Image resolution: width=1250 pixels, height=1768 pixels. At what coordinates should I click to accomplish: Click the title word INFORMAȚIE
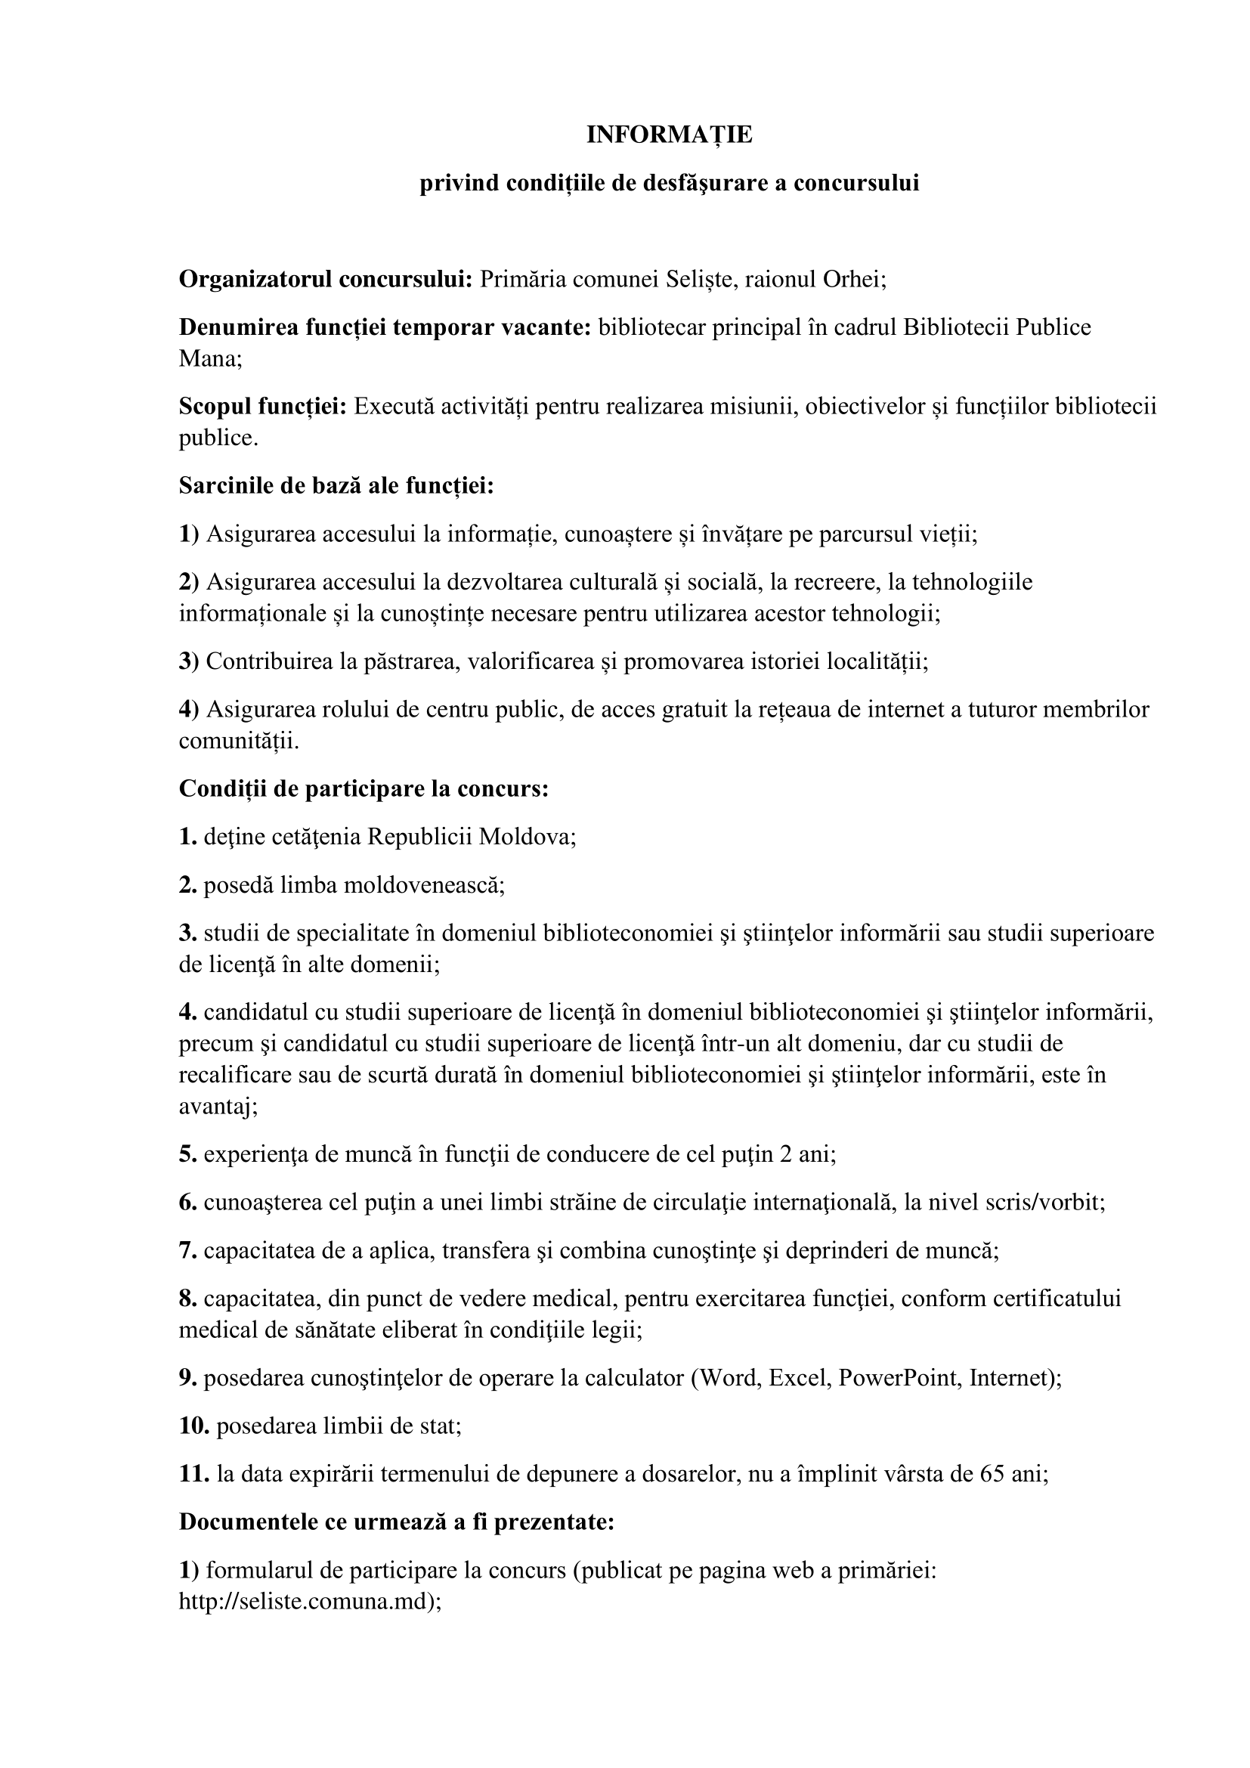[669, 135]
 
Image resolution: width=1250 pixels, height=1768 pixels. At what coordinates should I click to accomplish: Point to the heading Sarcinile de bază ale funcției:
[336, 486]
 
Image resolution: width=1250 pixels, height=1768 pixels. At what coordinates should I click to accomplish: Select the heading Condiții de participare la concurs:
[364, 788]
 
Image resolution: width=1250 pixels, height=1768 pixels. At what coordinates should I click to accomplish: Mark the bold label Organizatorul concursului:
[326, 279]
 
